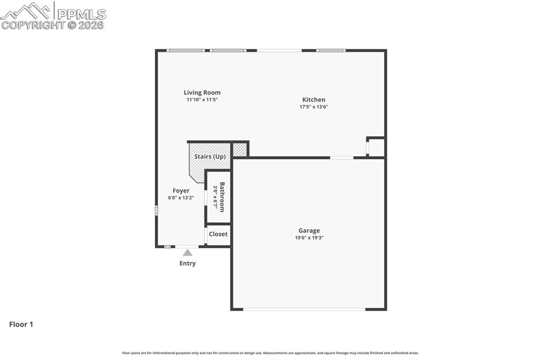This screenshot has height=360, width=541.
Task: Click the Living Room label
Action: [202, 92]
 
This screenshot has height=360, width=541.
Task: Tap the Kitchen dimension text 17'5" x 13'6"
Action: [314, 107]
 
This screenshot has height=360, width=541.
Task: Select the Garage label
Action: [309, 231]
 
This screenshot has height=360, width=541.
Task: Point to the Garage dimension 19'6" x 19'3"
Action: [309, 238]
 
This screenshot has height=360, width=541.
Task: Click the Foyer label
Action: [181, 191]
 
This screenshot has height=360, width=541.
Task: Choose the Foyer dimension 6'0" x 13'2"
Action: [181, 198]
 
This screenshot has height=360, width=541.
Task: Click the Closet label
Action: [218, 234]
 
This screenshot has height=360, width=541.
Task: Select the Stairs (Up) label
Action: [210, 157]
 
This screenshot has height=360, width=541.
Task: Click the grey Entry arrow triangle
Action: [188, 253]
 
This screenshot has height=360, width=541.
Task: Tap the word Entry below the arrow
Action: [188, 263]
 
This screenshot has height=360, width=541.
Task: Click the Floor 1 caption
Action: [21, 325]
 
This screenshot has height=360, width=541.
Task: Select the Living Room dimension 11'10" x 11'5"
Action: [202, 99]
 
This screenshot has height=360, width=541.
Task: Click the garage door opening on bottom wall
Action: [304, 309]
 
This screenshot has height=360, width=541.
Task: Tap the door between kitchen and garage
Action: [342, 157]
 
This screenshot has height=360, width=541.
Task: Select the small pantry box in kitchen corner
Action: [377, 147]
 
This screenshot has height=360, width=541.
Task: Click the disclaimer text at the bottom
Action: [270, 353]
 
